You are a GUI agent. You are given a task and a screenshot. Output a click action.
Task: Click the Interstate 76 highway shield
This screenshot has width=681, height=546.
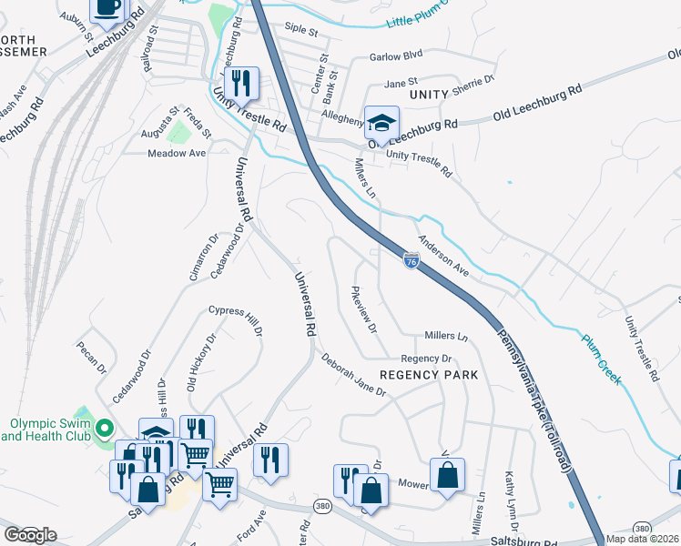point(412,261)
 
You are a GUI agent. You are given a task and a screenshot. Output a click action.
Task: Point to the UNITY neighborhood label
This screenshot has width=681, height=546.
point(429,95)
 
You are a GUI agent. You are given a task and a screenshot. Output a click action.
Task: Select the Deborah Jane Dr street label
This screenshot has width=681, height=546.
point(353,374)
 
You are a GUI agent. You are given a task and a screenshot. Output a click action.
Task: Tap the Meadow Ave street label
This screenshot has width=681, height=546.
point(178,154)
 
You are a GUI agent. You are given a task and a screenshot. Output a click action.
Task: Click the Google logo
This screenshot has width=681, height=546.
point(30,534)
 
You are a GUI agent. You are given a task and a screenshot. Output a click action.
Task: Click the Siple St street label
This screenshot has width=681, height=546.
point(300,31)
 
